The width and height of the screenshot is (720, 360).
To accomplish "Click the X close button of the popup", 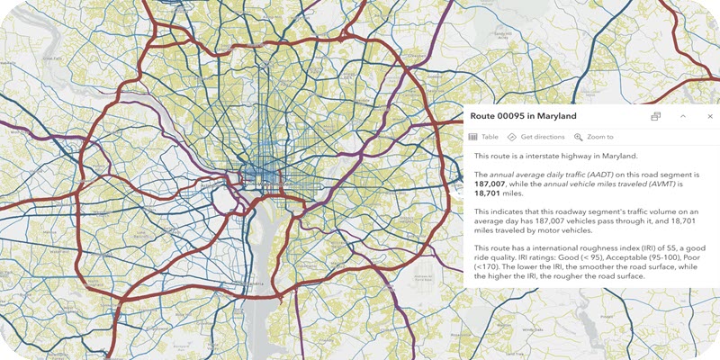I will pos(709,116).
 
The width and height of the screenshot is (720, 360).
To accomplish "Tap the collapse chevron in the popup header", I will pos(683,116).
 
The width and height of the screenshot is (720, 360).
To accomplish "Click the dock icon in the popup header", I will pos(656,116).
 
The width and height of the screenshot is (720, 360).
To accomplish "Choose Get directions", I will pos(535,137).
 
